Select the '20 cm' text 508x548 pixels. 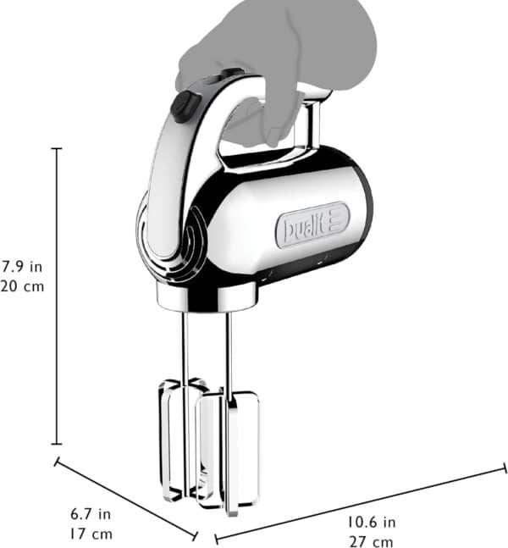[21, 285]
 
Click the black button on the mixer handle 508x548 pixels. [182, 106]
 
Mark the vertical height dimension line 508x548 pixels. [57, 296]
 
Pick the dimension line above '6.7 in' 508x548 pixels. [127, 499]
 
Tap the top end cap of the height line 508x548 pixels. [57, 149]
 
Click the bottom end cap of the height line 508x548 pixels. [57, 444]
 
